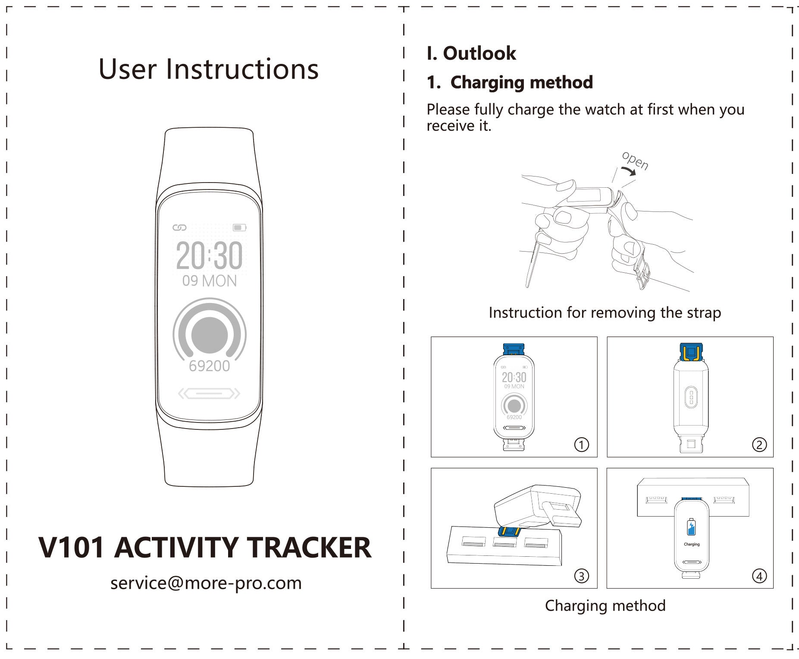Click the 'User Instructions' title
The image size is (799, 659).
coord(209,69)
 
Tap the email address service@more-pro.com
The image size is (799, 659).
coord(206,583)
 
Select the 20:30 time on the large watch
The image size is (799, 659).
coord(209,255)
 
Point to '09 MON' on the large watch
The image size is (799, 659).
coord(210,281)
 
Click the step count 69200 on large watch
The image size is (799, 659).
coord(210,366)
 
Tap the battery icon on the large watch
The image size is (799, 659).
coord(239,227)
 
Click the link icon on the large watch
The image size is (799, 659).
coord(179,227)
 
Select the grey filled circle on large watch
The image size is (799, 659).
coord(210,335)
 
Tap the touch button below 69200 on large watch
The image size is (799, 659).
coord(210,394)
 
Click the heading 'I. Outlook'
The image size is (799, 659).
coord(471,54)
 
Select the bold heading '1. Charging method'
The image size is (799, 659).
coord(510,82)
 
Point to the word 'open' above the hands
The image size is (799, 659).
coord(635,161)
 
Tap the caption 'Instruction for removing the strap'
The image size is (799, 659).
coord(605,312)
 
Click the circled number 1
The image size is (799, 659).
coord(582,445)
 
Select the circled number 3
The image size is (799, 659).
coord(582,576)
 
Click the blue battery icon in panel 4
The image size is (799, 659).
coord(691,527)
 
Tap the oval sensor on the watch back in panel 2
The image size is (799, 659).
coord(691,397)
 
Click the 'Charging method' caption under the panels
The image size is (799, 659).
coord(605,606)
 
